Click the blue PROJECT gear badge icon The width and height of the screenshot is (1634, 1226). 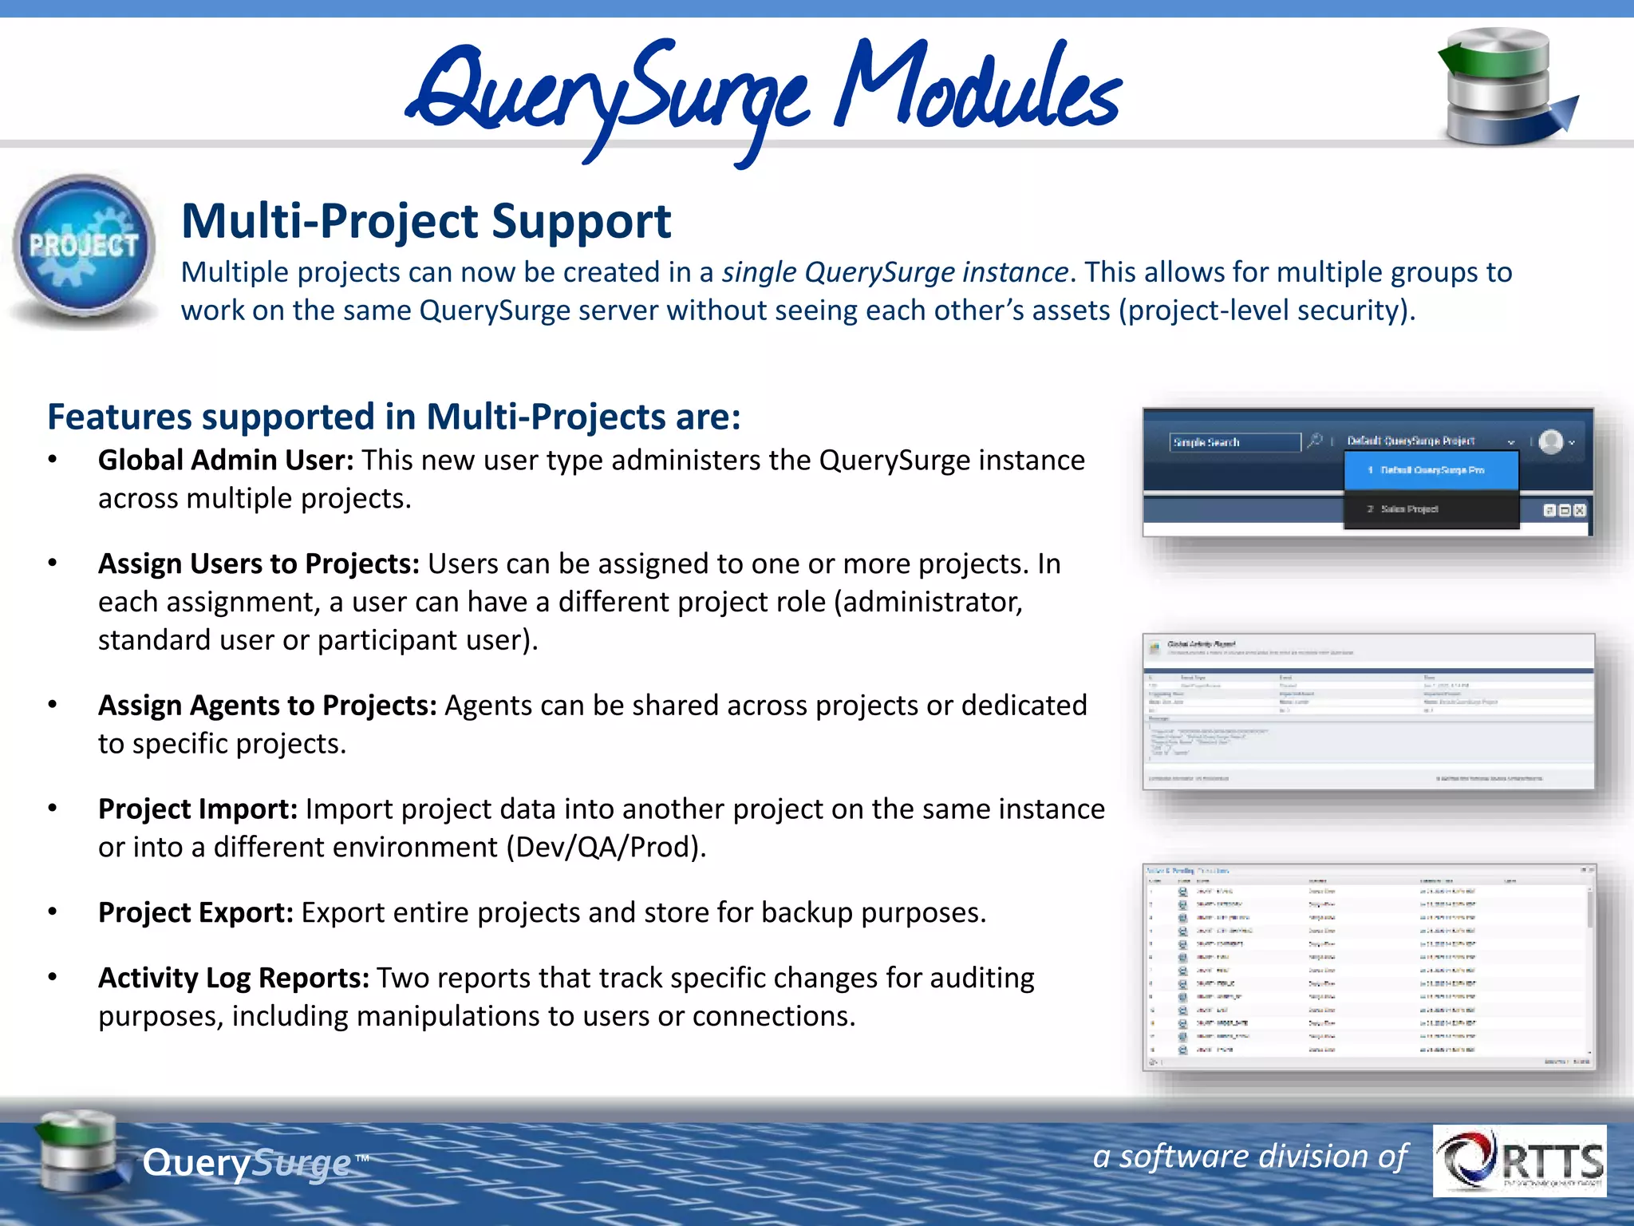[84, 247]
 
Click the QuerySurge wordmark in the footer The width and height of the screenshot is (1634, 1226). [247, 1163]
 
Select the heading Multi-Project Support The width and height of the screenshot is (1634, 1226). [426, 221]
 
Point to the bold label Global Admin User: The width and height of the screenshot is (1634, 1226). [226, 461]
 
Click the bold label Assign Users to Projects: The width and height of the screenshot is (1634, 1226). [259, 564]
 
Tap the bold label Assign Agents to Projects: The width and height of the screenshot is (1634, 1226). [267, 706]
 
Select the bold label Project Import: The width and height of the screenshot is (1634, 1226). [198, 809]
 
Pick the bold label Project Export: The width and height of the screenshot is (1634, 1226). [196, 913]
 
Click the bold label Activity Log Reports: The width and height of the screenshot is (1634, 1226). [234, 979]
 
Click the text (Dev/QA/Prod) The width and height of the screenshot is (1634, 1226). [606, 848]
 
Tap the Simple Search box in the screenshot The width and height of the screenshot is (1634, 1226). [1234, 442]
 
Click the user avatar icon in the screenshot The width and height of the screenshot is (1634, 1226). [1550, 441]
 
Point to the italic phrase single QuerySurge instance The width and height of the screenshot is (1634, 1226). [895, 273]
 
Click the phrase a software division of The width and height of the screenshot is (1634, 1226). [1249, 1156]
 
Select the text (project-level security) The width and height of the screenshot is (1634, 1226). [1266, 310]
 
